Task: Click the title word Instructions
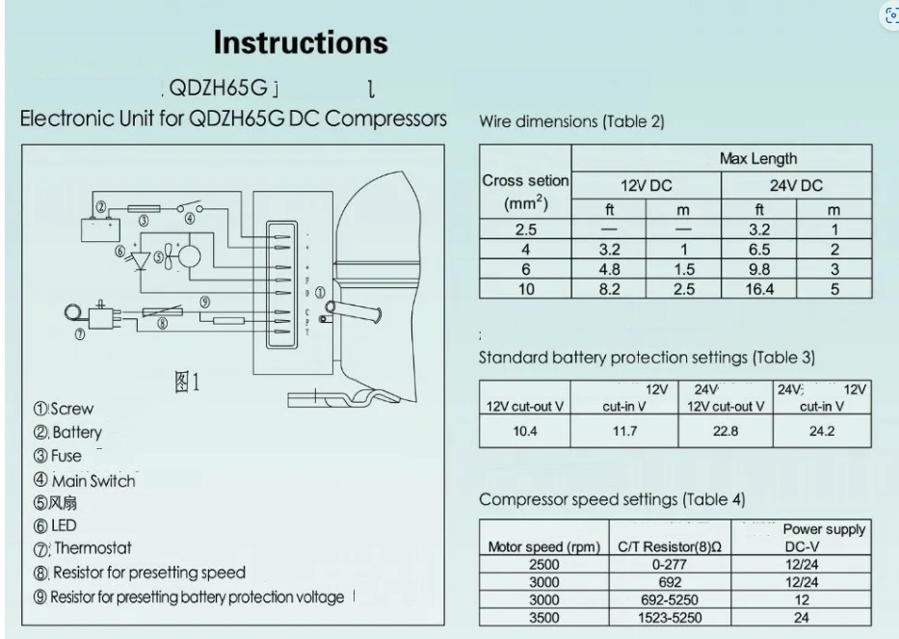[301, 43]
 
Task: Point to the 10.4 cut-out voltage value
[525, 431]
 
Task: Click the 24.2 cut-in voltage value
[822, 431]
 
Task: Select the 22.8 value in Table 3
[727, 431]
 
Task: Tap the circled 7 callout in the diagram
[79, 335]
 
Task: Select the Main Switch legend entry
[85, 480]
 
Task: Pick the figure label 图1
[187, 383]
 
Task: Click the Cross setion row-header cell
[526, 192]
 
